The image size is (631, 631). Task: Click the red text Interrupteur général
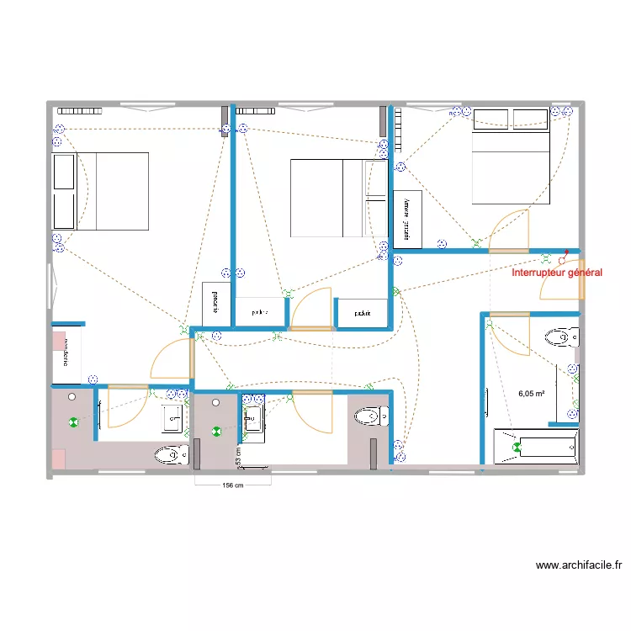(x=557, y=273)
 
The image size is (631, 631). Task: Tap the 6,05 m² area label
(x=532, y=393)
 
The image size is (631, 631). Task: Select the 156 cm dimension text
(x=232, y=485)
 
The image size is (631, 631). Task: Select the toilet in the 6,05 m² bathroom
(x=561, y=338)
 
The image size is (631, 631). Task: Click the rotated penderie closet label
(x=215, y=300)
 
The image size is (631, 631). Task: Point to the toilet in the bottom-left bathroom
(x=172, y=455)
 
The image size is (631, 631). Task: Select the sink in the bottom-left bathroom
(x=174, y=416)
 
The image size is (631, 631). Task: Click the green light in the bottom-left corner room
(x=74, y=423)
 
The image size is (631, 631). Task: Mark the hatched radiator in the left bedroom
(x=78, y=110)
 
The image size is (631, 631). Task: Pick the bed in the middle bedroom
(x=328, y=199)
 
